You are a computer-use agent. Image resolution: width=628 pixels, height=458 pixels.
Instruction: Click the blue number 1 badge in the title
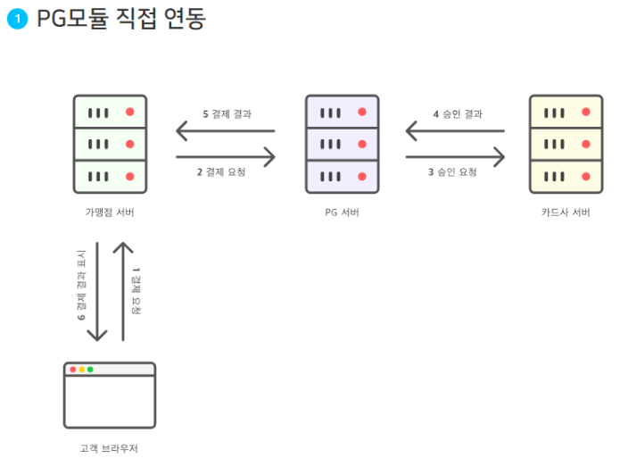(17, 20)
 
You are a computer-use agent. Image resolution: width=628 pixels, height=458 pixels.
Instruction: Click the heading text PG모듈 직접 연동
(121, 19)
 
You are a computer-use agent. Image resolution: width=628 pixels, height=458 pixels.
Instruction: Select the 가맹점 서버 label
(110, 212)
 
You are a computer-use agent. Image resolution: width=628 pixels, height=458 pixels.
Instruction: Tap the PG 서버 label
(342, 212)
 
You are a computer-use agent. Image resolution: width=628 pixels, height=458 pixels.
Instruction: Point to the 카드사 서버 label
(566, 212)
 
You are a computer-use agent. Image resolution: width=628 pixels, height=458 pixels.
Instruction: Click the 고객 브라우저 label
(109, 448)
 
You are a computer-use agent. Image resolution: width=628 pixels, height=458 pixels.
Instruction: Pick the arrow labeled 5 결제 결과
(225, 132)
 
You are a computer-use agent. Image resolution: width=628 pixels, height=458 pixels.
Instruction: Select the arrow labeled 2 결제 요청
(225, 157)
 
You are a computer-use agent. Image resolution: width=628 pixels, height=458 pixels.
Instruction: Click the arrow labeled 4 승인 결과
(455, 132)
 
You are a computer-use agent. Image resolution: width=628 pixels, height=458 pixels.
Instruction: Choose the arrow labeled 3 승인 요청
(455, 157)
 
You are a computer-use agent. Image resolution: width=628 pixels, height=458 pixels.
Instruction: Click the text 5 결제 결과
(227, 114)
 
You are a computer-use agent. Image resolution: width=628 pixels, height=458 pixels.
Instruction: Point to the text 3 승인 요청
(452, 172)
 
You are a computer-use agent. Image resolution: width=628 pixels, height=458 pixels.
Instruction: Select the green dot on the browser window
(90, 369)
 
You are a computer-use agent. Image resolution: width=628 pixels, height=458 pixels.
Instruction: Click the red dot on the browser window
(72, 369)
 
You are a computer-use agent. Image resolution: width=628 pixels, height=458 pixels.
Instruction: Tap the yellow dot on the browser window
(81, 369)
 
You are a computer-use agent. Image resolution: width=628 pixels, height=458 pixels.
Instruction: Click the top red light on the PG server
(362, 112)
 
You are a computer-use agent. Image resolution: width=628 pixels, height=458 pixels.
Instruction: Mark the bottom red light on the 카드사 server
(585, 176)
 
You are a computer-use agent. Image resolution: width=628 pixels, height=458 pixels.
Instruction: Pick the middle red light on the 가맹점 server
(130, 144)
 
